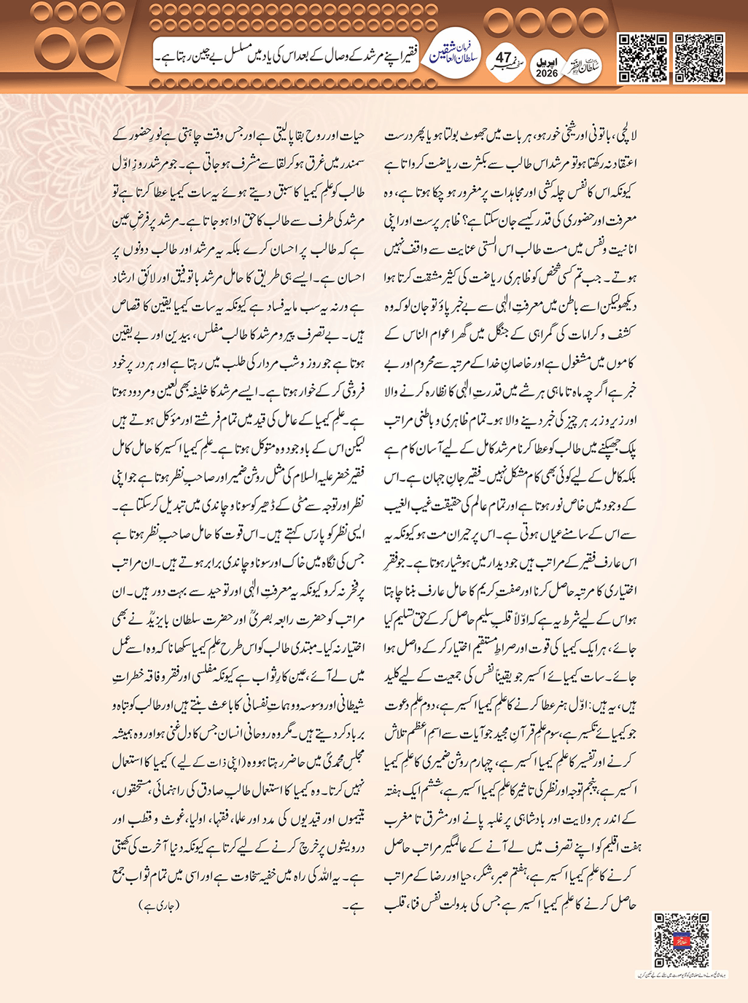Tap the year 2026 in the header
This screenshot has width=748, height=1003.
pyautogui.click(x=546, y=74)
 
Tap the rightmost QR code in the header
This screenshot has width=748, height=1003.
pyautogui.click(x=699, y=58)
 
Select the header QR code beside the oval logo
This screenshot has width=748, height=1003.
pyautogui.click(x=642, y=58)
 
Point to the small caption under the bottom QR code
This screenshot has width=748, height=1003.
pyautogui.click(x=681, y=975)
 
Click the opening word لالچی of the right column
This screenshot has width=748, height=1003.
pyautogui.click(x=625, y=136)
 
